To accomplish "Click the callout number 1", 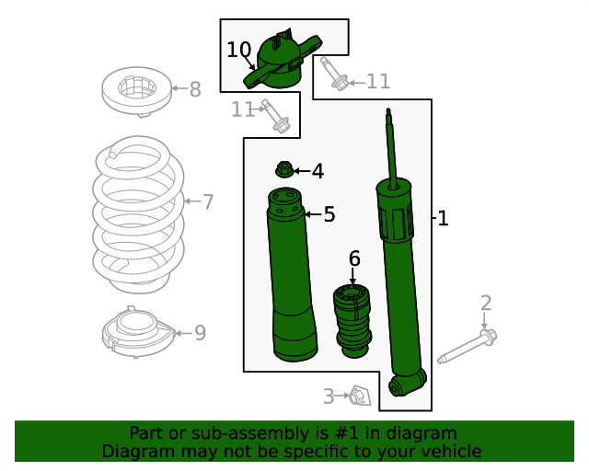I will point(443,219).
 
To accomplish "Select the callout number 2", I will point(486,303).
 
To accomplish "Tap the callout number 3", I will point(329,396).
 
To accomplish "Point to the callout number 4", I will point(318,171).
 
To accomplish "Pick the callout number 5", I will point(329,214).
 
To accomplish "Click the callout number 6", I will point(353,258).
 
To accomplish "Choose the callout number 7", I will point(208,201).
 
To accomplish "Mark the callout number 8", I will point(194,89).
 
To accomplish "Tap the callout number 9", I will point(200,332).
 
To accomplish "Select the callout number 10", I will point(238,50).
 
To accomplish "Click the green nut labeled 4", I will point(284,170).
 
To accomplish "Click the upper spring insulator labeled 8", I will point(134,93).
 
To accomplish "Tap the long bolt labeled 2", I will point(468,347).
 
